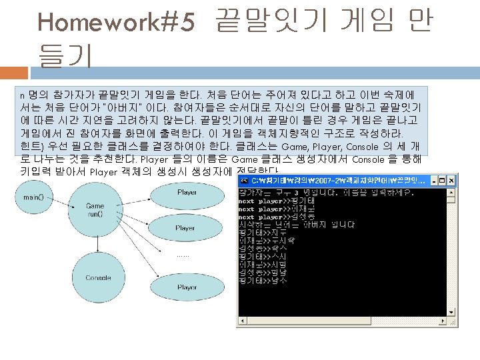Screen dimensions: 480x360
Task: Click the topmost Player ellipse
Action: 187,192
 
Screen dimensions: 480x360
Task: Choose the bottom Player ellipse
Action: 187,287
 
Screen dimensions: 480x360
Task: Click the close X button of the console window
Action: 451,181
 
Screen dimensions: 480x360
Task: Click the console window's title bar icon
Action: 244,181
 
